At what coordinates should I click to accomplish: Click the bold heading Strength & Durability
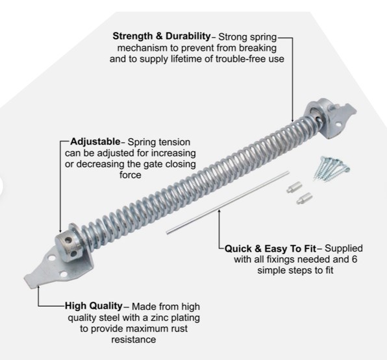[x=162, y=36]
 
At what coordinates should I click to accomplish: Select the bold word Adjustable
[x=95, y=142]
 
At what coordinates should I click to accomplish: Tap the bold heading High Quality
[x=94, y=306]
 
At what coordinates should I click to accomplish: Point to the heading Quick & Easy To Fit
[x=270, y=248]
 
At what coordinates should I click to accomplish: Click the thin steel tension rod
[x=227, y=202]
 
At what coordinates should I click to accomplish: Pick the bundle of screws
[x=331, y=168]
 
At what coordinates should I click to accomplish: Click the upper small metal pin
[x=294, y=187]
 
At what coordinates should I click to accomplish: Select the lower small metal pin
[x=305, y=198]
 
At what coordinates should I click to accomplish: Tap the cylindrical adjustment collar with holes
[x=68, y=246]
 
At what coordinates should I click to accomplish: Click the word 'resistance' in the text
[x=134, y=339]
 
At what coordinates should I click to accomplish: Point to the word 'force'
[x=131, y=175]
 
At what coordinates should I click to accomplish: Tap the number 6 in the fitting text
[x=354, y=259]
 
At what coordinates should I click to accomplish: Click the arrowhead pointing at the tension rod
[x=219, y=211]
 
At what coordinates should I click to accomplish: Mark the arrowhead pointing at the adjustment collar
[x=60, y=230]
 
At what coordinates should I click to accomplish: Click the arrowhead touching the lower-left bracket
[x=38, y=287]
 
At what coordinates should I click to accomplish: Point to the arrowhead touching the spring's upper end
[x=292, y=119]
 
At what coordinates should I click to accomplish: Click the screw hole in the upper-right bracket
[x=339, y=125]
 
